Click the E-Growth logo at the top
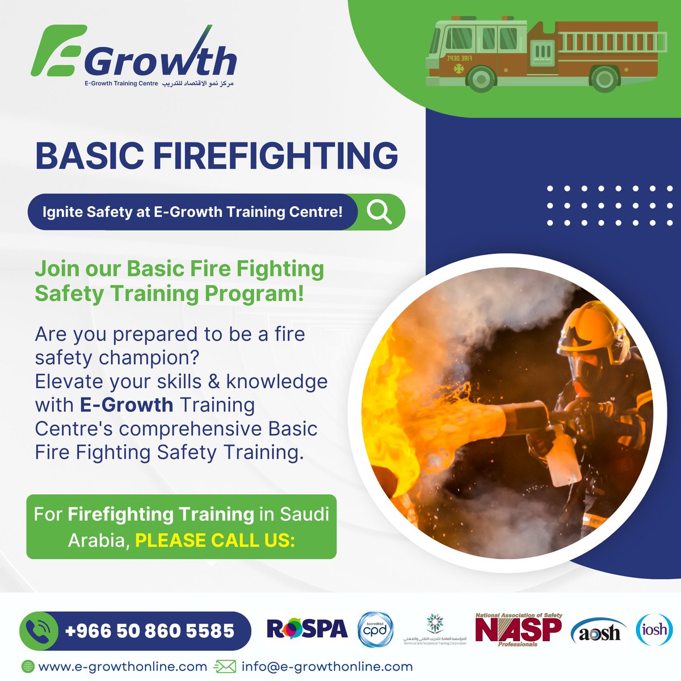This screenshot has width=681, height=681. tap(133, 57)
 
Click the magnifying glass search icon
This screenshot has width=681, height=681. tap(379, 212)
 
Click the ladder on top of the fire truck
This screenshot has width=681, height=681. tap(610, 41)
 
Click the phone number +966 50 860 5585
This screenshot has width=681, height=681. tap(150, 630)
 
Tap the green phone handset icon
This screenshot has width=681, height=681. tap(39, 630)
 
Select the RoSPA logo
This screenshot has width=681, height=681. tap(307, 629)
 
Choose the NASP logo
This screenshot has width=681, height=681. tap(518, 629)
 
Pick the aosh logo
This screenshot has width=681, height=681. tap(599, 631)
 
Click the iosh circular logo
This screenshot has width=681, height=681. tap(654, 629)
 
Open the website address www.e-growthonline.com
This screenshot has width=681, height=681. tap(122, 666)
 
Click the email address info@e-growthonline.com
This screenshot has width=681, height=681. tap(327, 666)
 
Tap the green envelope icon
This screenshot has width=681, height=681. tap(224, 666)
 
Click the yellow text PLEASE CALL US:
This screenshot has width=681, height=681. tap(215, 540)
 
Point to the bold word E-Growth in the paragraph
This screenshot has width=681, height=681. tap(126, 405)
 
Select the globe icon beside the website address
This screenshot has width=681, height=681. tap(27, 666)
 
